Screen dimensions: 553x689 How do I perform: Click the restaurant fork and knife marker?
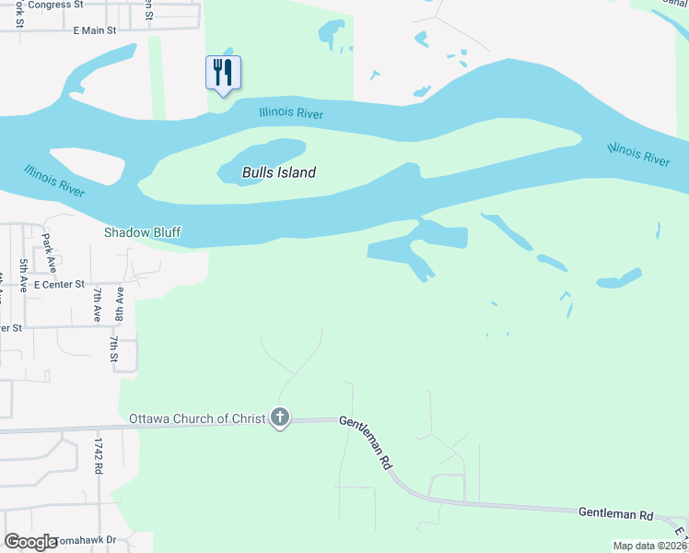pyautogui.click(x=223, y=73)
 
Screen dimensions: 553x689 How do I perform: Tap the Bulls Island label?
pyautogui.click(x=279, y=172)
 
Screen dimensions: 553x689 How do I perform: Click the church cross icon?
pyautogui.click(x=280, y=418)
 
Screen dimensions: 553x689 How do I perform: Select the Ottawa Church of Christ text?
pyautogui.click(x=197, y=418)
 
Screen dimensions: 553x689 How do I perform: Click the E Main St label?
pyautogui.click(x=95, y=30)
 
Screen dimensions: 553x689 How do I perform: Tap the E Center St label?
pyautogui.click(x=59, y=285)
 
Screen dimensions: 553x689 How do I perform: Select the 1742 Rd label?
pyautogui.click(x=96, y=455)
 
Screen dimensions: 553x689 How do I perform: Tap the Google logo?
pyautogui.click(x=30, y=542)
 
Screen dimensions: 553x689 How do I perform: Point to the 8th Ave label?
pyautogui.click(x=119, y=303)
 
